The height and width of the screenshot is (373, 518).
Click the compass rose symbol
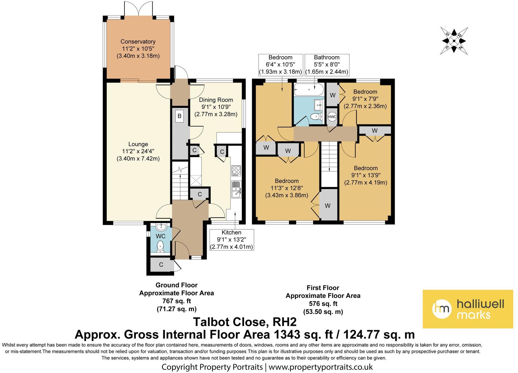click(x=454, y=41)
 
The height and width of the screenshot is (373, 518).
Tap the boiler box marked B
click(x=180, y=116)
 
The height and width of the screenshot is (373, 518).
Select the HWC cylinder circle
click(x=332, y=117)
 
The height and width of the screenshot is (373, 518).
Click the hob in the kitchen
click(x=236, y=171)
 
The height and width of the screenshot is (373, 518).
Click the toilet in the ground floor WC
click(x=160, y=246)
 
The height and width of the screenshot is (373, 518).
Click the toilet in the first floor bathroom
click(x=316, y=117)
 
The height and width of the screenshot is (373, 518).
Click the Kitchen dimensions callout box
click(x=231, y=240)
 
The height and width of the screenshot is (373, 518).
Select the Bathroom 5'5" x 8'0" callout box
click(x=326, y=65)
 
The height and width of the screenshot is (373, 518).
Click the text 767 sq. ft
click(x=176, y=301)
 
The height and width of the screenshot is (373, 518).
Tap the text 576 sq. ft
click(x=323, y=304)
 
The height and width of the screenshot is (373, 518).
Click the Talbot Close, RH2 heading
click(x=245, y=322)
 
